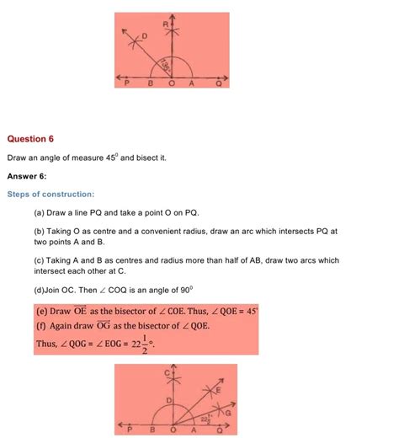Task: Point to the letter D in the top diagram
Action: click(x=143, y=36)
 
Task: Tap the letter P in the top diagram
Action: click(x=126, y=84)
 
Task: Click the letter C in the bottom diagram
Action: click(x=168, y=372)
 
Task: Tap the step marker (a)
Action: click(x=40, y=214)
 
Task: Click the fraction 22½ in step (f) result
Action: click(x=136, y=345)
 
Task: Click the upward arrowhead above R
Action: click(x=173, y=15)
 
